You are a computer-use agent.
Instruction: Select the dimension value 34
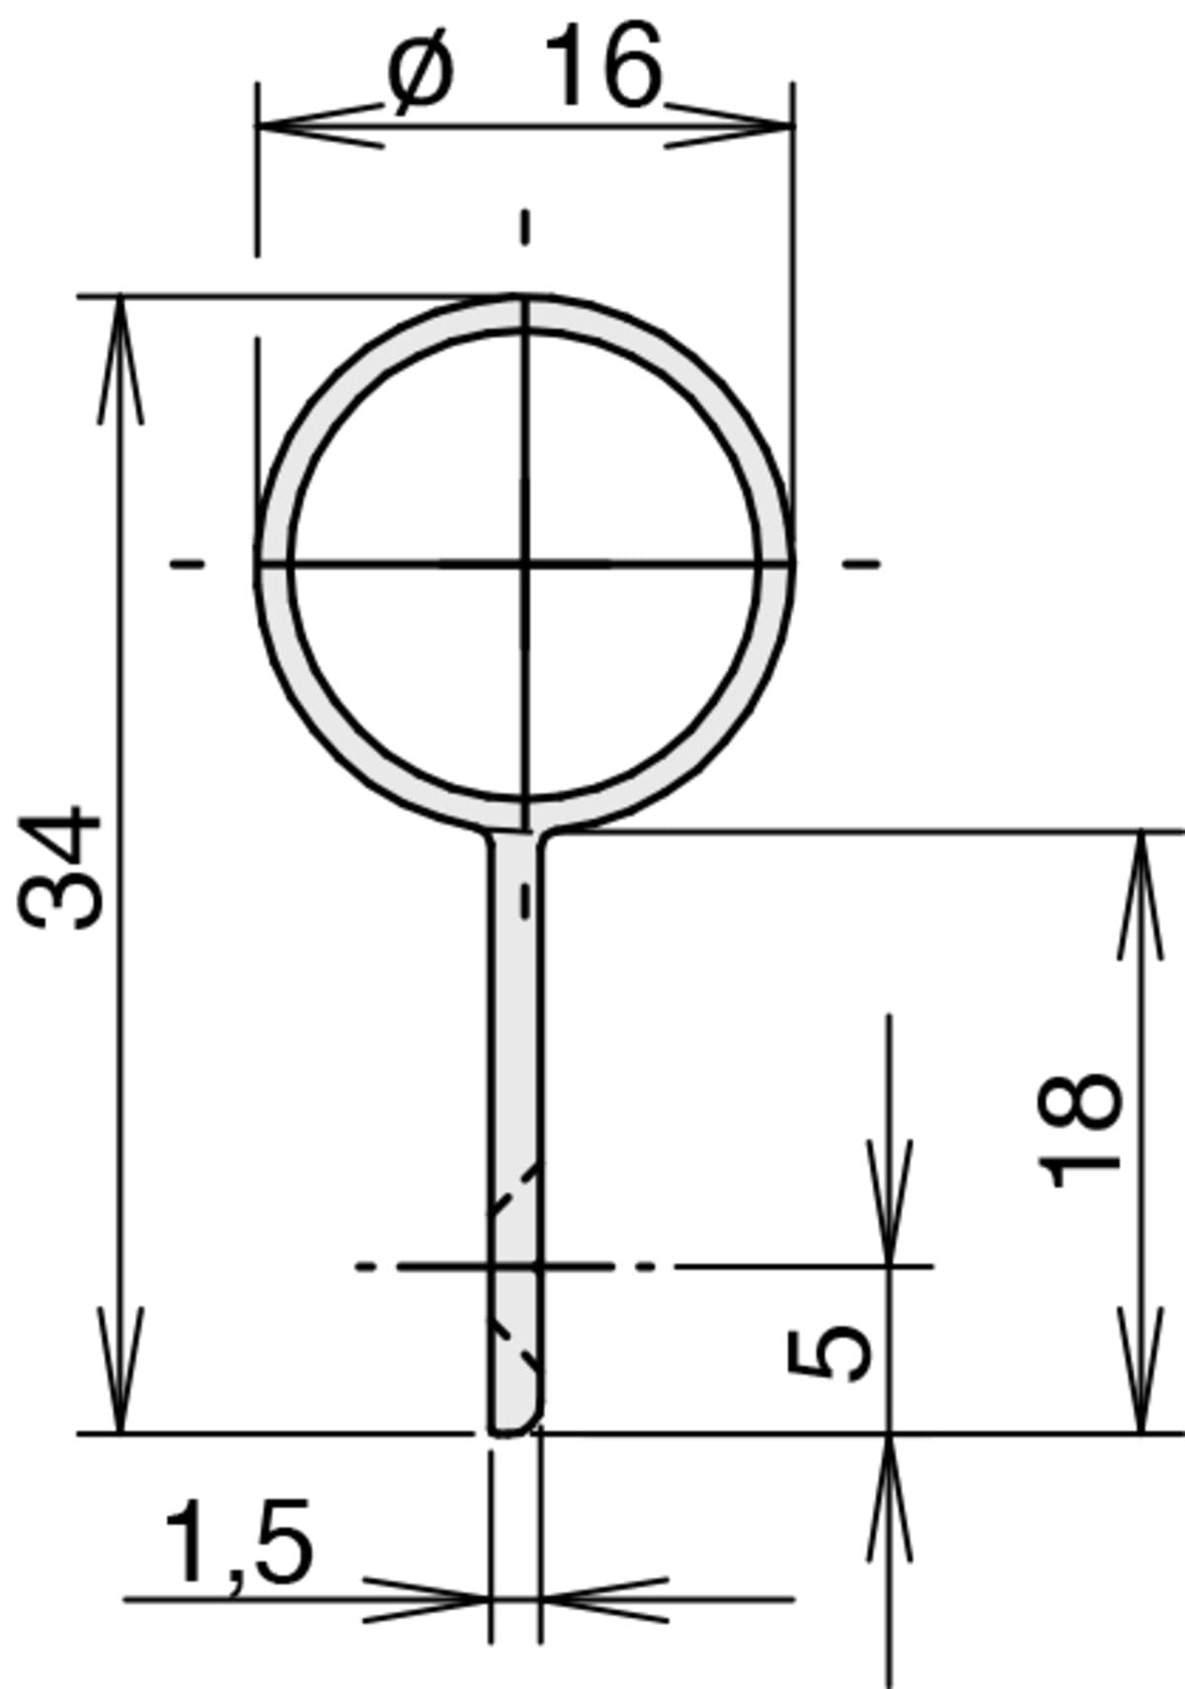pyautogui.click(x=59, y=867)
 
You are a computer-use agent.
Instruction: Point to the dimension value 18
pyautogui.click(x=1078, y=1128)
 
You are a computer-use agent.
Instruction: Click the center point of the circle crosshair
pyautogui.click(x=525, y=563)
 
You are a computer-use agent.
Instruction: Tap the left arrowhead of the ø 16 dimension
pyautogui.click(x=321, y=125)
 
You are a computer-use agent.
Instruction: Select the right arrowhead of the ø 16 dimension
pyautogui.click(x=729, y=125)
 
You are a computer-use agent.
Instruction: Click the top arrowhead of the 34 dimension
pyautogui.click(x=119, y=360)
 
